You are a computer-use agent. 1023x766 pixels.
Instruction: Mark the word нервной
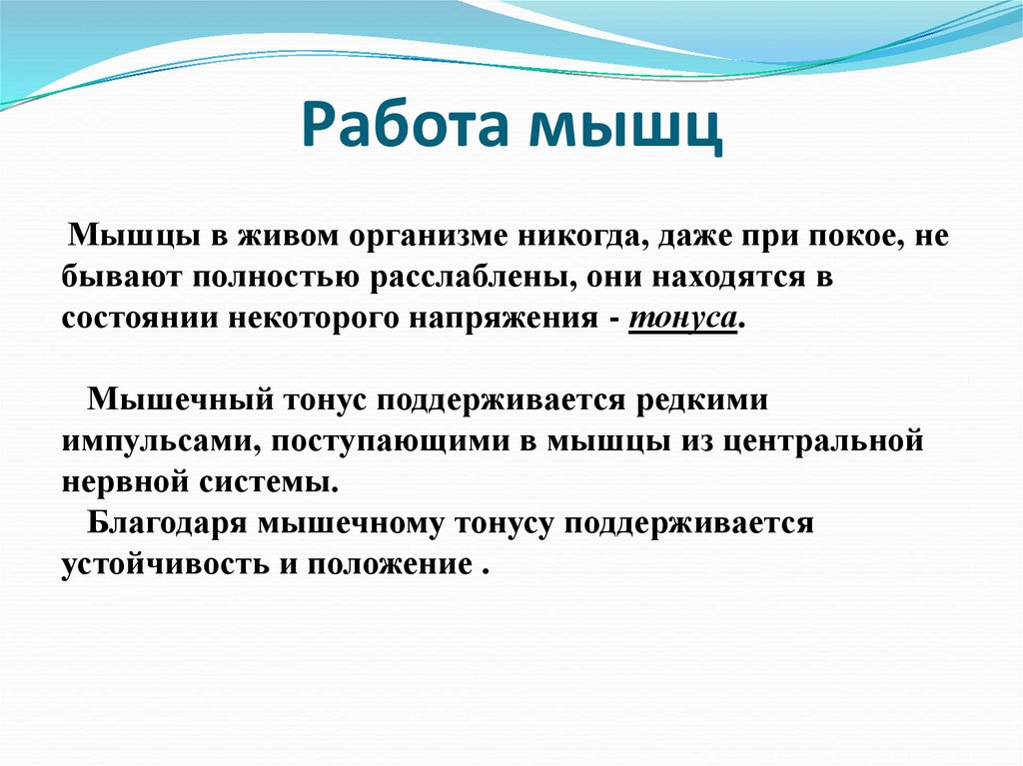pyautogui.click(x=121, y=480)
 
